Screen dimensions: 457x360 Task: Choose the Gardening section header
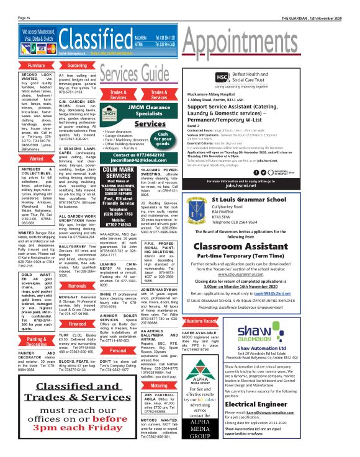pos(77,65)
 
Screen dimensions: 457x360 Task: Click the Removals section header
pos(77,287)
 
